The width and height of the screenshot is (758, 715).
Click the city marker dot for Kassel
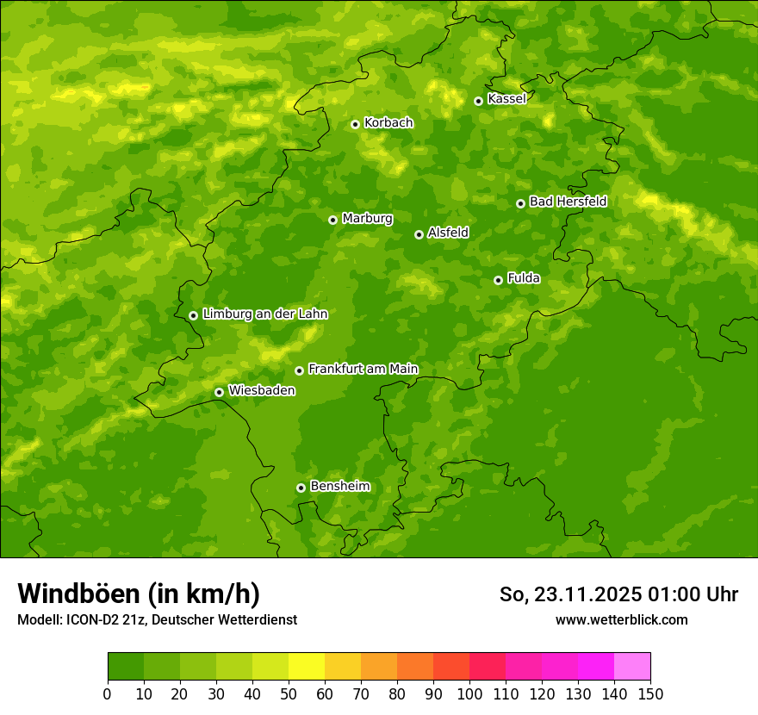coord(478,101)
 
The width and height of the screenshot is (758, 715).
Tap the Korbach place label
coord(388,123)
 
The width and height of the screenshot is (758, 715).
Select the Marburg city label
coord(367,219)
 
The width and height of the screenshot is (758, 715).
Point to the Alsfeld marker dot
coord(419,234)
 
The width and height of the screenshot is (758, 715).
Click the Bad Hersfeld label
coord(568,202)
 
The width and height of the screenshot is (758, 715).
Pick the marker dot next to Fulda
coord(498,280)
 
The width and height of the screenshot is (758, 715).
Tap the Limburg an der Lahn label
coord(264,314)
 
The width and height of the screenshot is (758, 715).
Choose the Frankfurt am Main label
coord(363,369)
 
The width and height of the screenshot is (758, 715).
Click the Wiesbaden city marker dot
coord(219,392)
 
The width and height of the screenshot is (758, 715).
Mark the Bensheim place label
coord(339,487)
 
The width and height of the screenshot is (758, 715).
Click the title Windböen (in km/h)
coord(139,594)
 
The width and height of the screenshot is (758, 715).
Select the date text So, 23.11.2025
coord(571,594)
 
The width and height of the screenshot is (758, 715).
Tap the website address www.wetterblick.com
coord(621,619)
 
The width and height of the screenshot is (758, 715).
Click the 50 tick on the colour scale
coord(289,693)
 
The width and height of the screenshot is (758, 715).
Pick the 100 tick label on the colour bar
coord(469,693)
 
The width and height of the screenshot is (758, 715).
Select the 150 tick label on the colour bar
coord(650,693)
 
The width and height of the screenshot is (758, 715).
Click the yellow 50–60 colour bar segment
coord(307,667)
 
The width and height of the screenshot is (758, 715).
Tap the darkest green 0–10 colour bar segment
coord(126,667)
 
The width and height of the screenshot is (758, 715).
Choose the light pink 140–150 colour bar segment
coord(632,667)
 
